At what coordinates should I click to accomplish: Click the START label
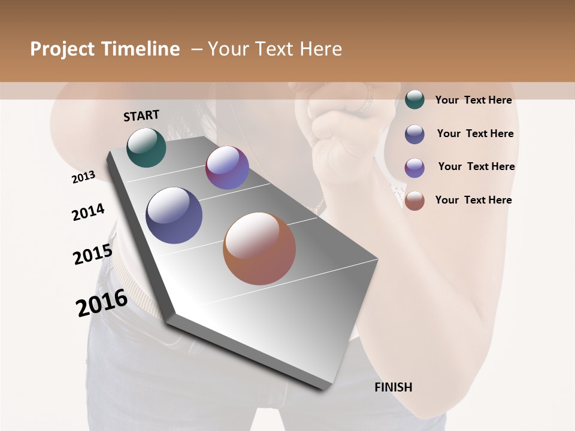(141, 116)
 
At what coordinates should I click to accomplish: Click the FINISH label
(393, 387)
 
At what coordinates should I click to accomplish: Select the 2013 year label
(83, 177)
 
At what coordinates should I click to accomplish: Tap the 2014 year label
(88, 212)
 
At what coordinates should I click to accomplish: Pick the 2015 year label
(92, 254)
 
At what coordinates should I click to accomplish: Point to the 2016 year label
(102, 302)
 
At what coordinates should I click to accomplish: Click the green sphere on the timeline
(146, 148)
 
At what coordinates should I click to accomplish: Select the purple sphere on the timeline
(227, 168)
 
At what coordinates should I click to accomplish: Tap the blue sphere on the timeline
(174, 215)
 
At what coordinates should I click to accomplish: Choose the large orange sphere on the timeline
(259, 248)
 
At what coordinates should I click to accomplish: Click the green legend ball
(414, 99)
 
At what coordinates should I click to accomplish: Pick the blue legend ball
(414, 134)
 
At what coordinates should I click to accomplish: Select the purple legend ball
(414, 168)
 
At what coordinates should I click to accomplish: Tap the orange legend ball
(414, 201)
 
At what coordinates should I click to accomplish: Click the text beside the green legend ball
(473, 100)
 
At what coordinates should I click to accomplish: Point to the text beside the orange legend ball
(473, 200)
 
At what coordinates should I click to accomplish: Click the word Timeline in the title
(140, 49)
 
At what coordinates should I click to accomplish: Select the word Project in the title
(62, 49)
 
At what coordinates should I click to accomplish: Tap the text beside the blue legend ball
(475, 133)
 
